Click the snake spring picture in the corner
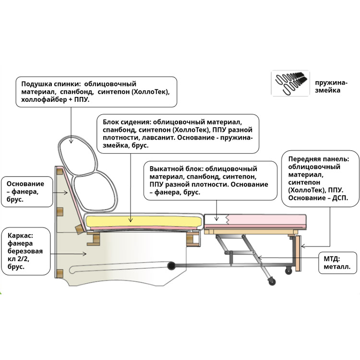290,83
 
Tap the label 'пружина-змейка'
331,86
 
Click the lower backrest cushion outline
94,191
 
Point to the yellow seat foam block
144,222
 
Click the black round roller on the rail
171,265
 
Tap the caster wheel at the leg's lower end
272,281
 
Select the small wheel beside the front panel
288,271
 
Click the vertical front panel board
298,253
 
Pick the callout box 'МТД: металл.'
338,263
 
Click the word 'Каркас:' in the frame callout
21,236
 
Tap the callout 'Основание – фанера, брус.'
27,192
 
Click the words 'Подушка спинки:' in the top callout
51,84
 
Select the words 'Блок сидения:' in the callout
127,122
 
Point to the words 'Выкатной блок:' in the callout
176,169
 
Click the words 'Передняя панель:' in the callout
318,159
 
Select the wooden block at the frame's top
60,171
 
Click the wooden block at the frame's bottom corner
60,274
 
